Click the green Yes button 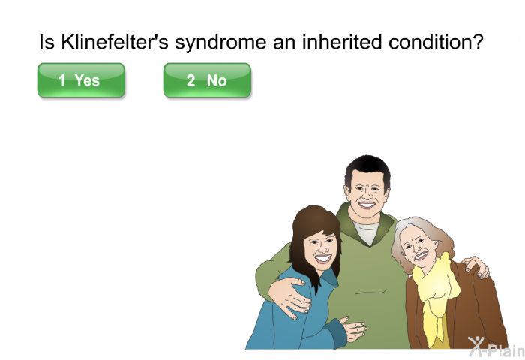click(x=81, y=80)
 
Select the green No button click(x=207, y=80)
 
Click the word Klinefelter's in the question click(x=115, y=42)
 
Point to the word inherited click(x=342, y=42)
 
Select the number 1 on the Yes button click(x=62, y=80)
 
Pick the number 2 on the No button click(x=190, y=80)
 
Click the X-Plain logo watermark click(x=496, y=346)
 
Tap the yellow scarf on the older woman click(x=434, y=295)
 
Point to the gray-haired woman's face click(x=417, y=247)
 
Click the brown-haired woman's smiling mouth click(x=322, y=258)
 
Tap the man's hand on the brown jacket click(x=475, y=266)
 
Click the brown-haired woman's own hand click(x=353, y=328)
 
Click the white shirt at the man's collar click(x=367, y=232)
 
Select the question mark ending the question click(x=478, y=42)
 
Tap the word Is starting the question click(x=46, y=42)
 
